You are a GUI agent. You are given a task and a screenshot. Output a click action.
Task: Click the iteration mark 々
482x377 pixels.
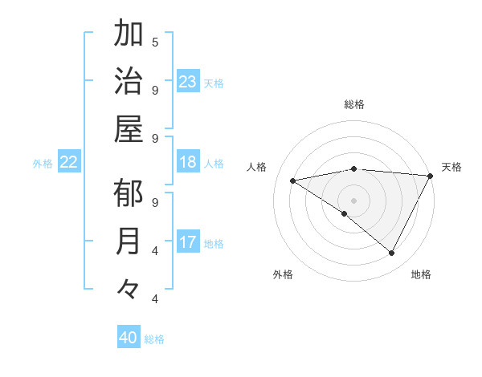point(129,288)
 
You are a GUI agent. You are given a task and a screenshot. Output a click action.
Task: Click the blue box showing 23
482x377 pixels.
point(188,81)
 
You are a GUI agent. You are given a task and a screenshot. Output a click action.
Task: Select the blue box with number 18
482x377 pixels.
point(188,162)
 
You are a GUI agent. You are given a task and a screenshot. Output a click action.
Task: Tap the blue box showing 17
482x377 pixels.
point(188,241)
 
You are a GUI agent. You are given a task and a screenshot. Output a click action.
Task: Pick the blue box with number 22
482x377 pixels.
point(69,162)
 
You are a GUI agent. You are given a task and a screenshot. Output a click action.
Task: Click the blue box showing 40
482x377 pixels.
point(129,338)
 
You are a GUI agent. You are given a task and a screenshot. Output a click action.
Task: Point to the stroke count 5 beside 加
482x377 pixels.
point(155,42)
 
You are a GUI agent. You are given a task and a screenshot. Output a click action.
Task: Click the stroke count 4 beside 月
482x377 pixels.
point(155,250)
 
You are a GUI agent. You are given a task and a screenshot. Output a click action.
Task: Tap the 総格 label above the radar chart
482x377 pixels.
point(354,104)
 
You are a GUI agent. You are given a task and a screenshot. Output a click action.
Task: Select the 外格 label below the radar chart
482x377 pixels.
point(283,274)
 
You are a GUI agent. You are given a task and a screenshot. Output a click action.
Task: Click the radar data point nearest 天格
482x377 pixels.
point(431,176)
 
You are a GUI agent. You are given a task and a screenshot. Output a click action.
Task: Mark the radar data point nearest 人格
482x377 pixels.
point(293,180)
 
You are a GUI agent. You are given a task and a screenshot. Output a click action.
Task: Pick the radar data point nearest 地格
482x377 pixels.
point(392,253)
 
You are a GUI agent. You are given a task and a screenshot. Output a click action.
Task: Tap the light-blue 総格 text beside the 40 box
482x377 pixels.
point(155,339)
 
